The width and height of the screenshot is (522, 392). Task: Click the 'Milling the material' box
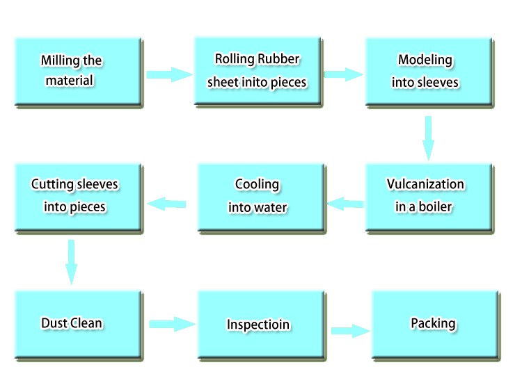tap(78, 72)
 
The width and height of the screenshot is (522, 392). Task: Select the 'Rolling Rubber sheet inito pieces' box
tap(257, 72)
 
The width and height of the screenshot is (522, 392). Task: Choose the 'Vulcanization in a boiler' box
tap(429, 197)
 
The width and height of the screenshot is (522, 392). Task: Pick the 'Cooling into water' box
tap(260, 197)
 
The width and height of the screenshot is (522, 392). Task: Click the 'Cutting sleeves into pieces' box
tap(78, 197)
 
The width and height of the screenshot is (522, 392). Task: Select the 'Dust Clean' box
tap(78, 325)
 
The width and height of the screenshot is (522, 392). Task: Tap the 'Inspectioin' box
tap(260, 325)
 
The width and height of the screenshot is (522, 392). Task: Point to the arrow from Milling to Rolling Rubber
tap(169, 74)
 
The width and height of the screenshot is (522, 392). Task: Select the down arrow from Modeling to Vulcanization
tap(428, 137)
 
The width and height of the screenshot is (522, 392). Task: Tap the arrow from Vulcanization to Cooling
tap(346, 204)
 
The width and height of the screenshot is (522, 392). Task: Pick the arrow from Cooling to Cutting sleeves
tap(166, 204)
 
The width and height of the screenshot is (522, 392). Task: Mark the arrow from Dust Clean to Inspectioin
tap(171, 324)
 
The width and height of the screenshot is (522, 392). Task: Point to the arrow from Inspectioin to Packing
tap(349, 330)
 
